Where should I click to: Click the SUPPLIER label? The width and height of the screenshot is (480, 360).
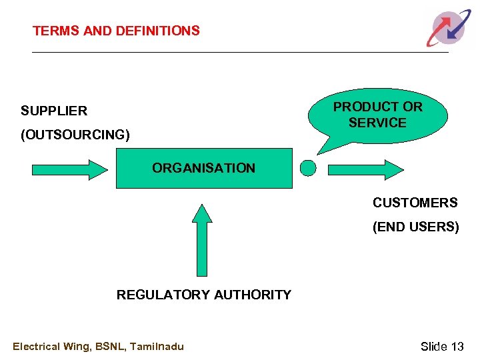54,111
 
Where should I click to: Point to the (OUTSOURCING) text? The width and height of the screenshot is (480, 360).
75,135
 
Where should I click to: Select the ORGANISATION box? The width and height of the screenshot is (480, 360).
204,168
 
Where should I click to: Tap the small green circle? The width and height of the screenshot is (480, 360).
308,168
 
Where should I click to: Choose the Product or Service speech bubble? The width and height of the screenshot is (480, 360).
377,116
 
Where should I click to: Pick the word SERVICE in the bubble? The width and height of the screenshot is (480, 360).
377,123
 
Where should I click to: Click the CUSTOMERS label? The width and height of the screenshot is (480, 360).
415,203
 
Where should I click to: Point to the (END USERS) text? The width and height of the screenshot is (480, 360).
416,227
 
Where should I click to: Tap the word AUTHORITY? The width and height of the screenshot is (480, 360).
251,295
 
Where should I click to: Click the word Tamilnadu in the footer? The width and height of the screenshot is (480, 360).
157,346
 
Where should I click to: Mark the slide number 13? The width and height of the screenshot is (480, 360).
457,346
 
